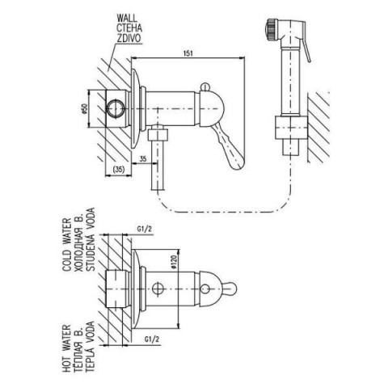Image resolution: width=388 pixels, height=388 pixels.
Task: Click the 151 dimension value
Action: (188, 53)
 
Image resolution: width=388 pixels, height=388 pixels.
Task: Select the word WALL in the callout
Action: (127, 18)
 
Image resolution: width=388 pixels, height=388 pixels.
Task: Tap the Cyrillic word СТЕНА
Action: (129, 28)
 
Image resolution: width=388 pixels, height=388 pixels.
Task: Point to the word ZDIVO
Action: (129, 38)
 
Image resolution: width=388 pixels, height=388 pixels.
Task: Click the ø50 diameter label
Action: (84, 109)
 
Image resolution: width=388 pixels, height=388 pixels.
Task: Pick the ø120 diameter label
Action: (173, 262)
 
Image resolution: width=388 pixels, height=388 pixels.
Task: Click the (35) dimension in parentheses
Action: (118, 169)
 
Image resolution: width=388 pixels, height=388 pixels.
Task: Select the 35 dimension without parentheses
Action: (143, 158)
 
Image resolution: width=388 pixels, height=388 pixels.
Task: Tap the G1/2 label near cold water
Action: (145, 229)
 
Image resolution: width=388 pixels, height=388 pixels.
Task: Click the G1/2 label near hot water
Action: (152, 339)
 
